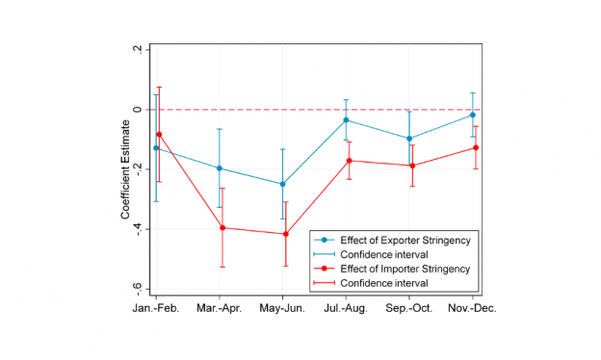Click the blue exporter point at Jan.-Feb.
tap(156, 148)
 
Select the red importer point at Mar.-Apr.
tap(222, 228)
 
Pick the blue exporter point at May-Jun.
tap(283, 184)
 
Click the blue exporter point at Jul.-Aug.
tap(346, 119)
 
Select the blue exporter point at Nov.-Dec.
tap(472, 115)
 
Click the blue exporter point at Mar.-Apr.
tap(220, 168)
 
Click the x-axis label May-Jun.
tap(283, 308)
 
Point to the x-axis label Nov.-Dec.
tap(473, 308)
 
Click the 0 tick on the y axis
tap(139, 110)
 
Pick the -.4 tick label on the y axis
tap(137, 229)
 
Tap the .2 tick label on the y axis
tap(137, 50)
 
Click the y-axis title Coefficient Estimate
tap(125, 169)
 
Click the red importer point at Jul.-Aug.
tap(350, 161)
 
